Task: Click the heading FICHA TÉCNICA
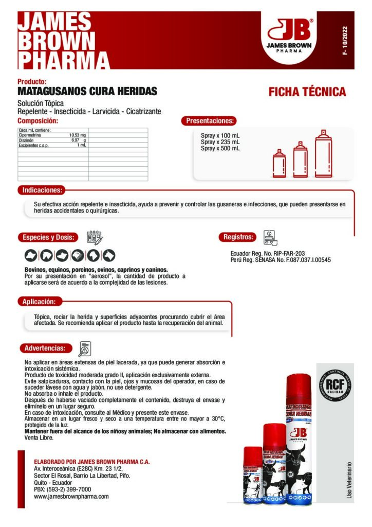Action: tap(307, 92)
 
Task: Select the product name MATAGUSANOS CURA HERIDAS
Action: tap(87, 91)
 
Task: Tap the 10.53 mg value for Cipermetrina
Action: tap(78, 135)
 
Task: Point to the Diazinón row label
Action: tap(26, 140)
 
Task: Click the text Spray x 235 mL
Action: tap(220, 142)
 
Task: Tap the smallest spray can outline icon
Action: tap(280, 164)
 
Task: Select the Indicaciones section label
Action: tap(42, 190)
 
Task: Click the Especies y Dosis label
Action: tap(49, 237)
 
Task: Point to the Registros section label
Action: tap(238, 237)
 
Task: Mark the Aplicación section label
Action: tap(41, 301)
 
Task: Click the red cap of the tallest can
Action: tap(299, 387)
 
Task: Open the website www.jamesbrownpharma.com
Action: tap(71, 497)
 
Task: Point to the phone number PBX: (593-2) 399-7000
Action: tap(62, 489)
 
